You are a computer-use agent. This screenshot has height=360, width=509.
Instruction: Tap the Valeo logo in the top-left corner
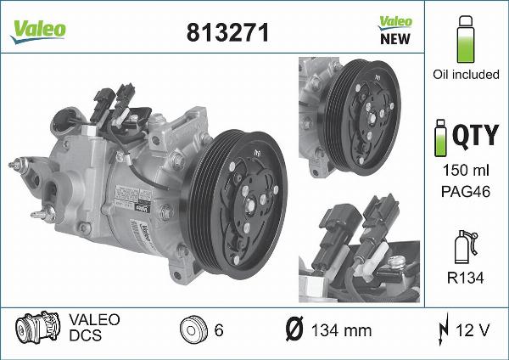pyautogui.click(x=38, y=30)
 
